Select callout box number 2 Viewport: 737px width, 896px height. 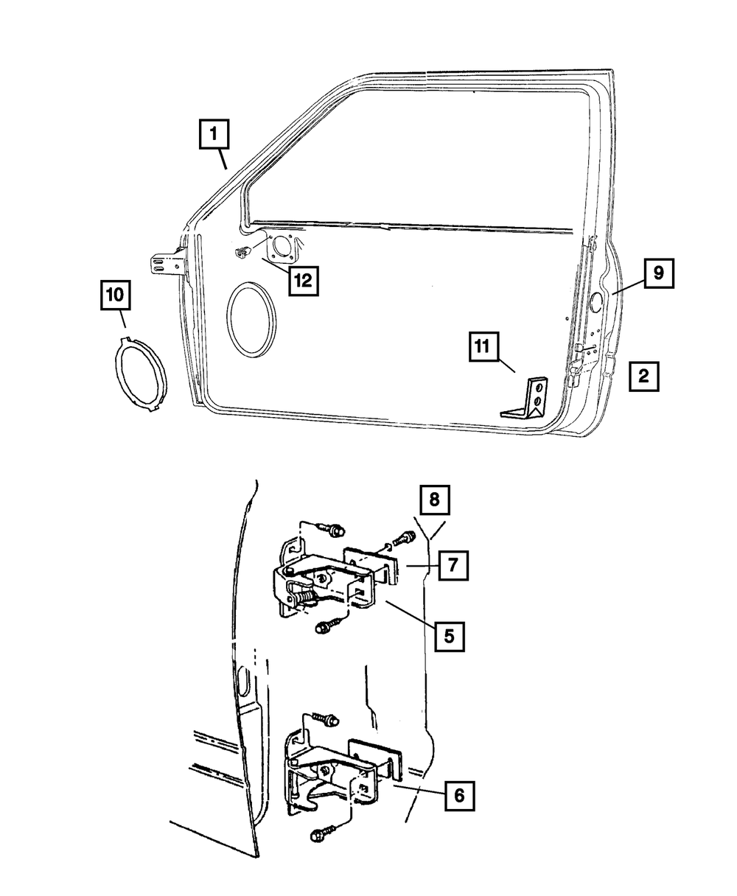point(643,377)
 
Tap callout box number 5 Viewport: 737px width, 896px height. point(449,634)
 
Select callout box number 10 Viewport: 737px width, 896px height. point(116,296)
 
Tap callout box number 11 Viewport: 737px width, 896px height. point(483,348)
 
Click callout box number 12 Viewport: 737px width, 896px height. point(304,279)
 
